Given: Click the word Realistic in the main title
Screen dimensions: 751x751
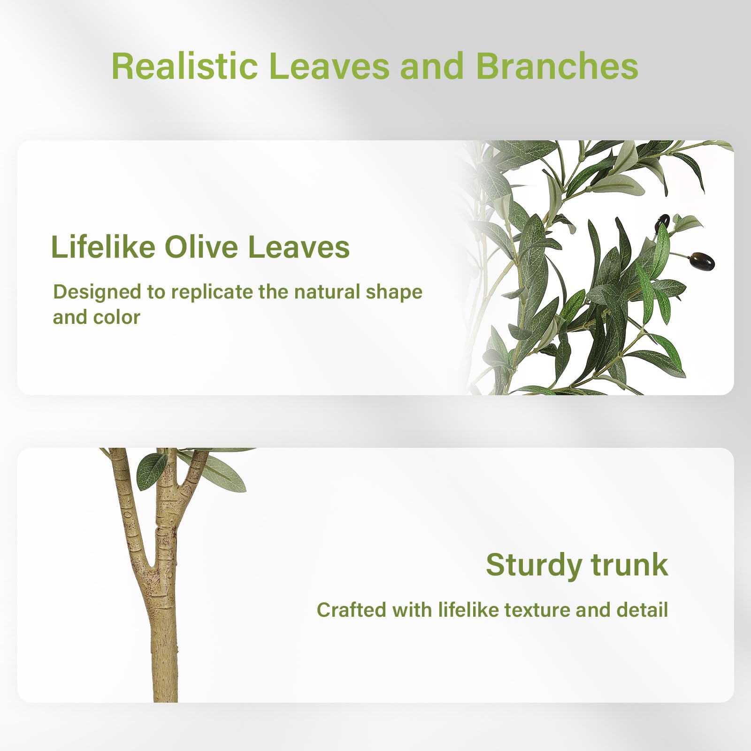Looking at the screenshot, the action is [184, 66].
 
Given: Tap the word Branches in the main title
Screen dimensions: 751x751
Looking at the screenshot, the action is [557, 66].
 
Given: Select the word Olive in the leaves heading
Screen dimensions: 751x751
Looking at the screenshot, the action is [201, 247].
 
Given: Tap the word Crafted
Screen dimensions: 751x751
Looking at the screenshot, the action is [351, 610].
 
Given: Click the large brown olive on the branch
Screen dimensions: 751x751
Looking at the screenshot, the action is [702, 261].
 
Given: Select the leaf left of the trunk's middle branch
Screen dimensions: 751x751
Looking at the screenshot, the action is [151, 471].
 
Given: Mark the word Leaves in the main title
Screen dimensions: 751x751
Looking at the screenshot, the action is [329, 66].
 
